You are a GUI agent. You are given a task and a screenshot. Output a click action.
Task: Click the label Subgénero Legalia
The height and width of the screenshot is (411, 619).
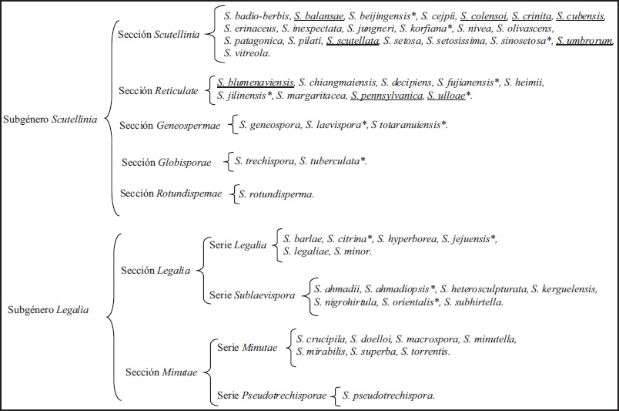(47, 311)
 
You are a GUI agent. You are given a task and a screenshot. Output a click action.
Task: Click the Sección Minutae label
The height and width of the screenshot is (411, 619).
(161, 372)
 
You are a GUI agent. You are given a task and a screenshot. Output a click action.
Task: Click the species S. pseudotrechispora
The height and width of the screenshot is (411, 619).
(389, 396)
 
